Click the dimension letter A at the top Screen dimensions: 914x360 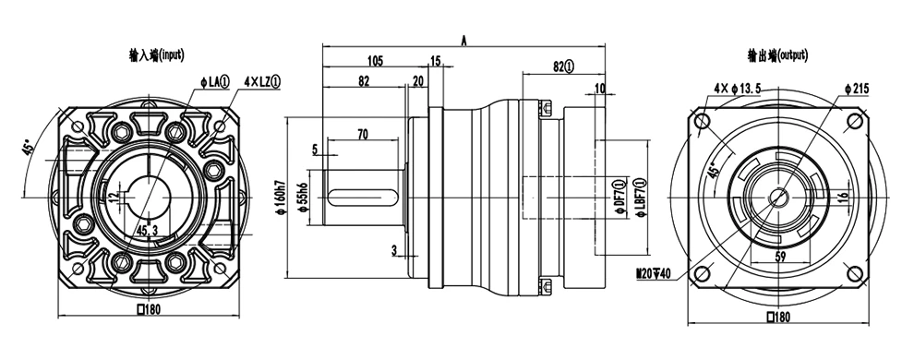pyautogui.click(x=464, y=41)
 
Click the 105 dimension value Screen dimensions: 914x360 pyautogui.click(x=375, y=61)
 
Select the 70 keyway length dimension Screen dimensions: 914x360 pyautogui.click(x=363, y=135)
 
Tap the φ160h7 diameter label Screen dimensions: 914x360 pyautogui.click(x=280, y=198)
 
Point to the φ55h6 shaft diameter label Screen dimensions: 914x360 pyautogui.click(x=302, y=198)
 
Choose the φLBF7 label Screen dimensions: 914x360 pyautogui.click(x=641, y=198)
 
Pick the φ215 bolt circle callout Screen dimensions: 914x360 pyautogui.click(x=856, y=89)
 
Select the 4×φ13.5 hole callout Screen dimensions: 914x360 pyautogui.click(x=738, y=89)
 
